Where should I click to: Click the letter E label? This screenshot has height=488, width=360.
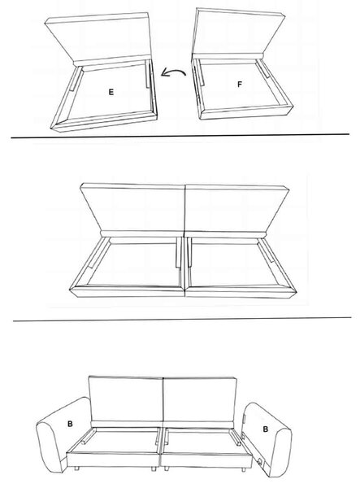(x=111, y=92)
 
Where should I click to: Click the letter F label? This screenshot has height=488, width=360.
(x=240, y=85)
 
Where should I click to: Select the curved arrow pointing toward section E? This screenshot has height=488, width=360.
(x=173, y=73)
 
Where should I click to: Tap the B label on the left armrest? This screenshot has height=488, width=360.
(x=70, y=424)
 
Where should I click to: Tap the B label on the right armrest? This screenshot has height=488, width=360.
(x=265, y=429)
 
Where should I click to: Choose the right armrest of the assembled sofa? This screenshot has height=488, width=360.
(x=267, y=439)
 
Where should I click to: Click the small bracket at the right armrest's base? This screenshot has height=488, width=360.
(x=259, y=461)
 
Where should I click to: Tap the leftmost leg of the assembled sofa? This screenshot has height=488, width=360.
(x=77, y=468)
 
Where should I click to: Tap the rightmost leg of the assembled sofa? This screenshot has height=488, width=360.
(x=244, y=469)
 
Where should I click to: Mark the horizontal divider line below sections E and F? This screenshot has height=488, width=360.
(x=180, y=135)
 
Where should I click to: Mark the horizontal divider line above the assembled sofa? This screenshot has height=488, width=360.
(x=182, y=319)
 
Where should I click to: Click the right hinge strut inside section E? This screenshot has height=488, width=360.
(x=148, y=74)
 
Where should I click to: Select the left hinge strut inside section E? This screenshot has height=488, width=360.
(x=76, y=79)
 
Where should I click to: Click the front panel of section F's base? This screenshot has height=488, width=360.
(x=246, y=112)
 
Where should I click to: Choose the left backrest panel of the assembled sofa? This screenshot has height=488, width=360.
(x=126, y=399)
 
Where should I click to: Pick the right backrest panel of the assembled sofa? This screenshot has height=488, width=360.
(x=200, y=400)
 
